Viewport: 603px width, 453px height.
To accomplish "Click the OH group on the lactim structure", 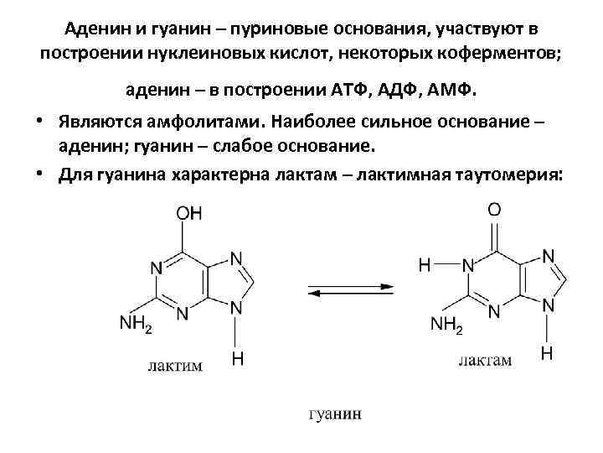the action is pyautogui.click(x=188, y=212).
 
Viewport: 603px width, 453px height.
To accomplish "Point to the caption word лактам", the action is pyautogui.click(x=485, y=361).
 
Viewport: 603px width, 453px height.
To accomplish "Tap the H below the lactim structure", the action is pyautogui.click(x=239, y=359).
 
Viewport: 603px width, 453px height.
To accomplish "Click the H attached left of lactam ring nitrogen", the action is pyautogui.click(x=425, y=266).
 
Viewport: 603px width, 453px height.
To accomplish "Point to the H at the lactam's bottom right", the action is pyautogui.click(x=547, y=354).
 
